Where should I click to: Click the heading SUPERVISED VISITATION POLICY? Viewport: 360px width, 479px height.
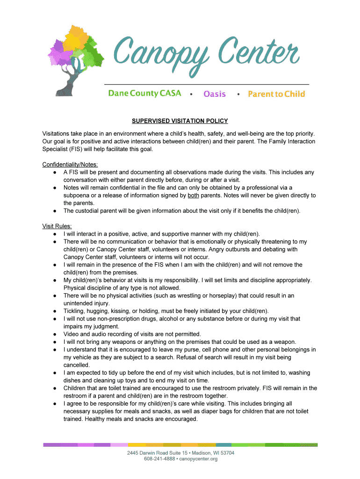pos(180,121)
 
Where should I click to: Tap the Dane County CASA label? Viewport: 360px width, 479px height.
pos(144,93)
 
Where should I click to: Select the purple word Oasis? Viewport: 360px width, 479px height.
pos(215,94)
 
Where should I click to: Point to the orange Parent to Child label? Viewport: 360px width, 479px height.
pos(276,94)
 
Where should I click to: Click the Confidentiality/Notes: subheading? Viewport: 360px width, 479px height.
pos(70,165)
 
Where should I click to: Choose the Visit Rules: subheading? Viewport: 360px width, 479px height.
pos(57,226)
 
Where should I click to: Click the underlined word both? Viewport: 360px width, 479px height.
pos(194,196)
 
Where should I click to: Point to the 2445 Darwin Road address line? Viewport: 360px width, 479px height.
pos(180,453)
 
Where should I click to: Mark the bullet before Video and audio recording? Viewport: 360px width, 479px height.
pos(55,334)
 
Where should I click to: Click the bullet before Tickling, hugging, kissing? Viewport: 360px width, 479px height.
pos(55,311)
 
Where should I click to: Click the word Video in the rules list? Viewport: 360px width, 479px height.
pos(72,334)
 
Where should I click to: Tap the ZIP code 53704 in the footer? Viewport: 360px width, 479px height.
pos(227,453)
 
